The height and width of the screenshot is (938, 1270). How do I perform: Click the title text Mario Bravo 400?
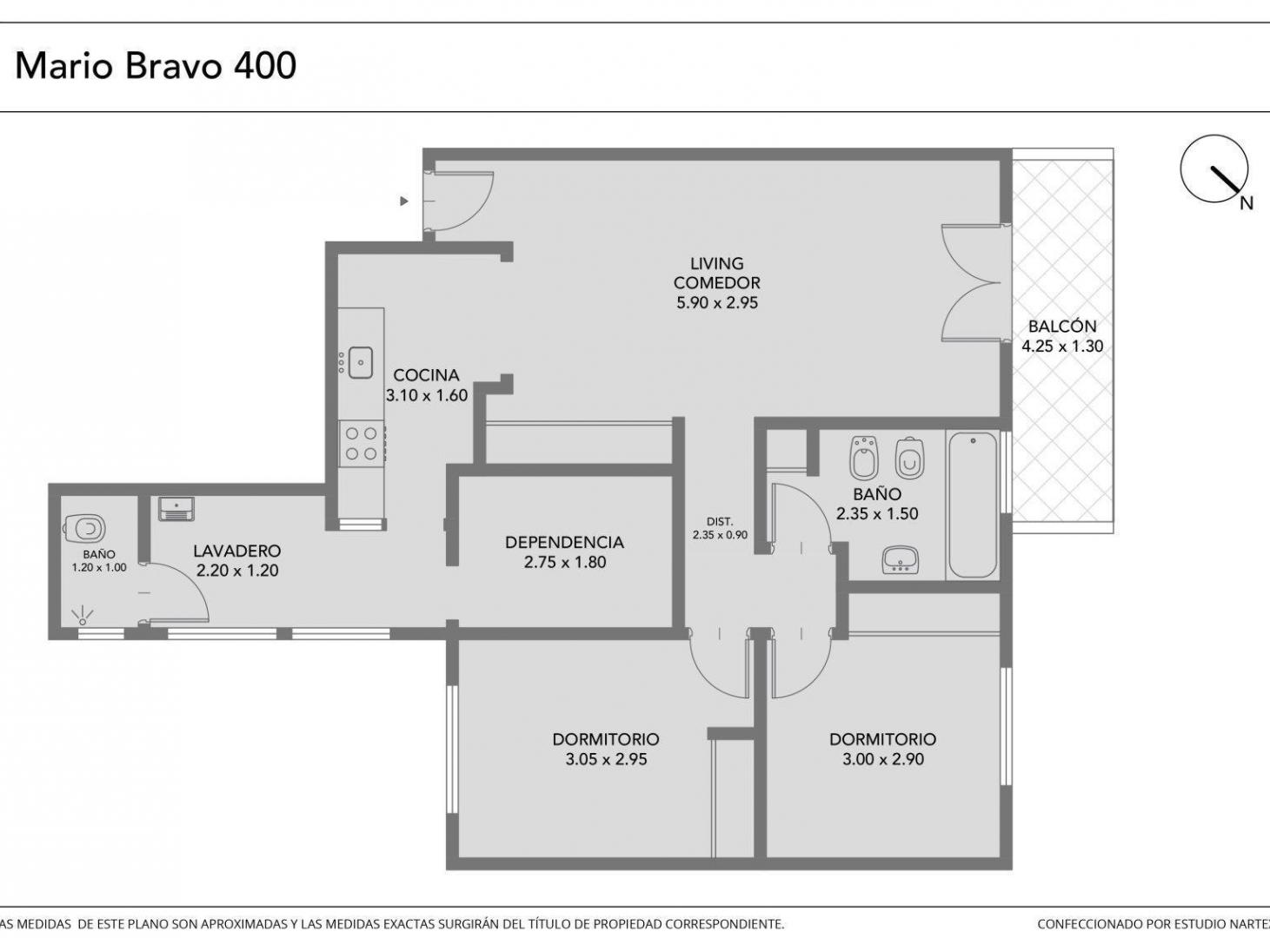click(156, 65)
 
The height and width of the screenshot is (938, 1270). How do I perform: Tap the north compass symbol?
click(1214, 169)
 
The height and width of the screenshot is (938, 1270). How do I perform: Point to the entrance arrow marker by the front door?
click(404, 201)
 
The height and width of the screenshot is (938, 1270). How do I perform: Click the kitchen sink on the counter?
click(361, 362)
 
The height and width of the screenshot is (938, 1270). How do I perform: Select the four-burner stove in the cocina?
click(362, 445)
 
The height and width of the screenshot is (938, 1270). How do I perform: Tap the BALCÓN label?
click(1062, 327)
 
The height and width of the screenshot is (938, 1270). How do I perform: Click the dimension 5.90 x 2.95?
click(717, 303)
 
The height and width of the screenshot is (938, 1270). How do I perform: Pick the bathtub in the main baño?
click(973, 505)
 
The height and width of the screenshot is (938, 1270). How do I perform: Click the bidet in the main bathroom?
click(864, 459)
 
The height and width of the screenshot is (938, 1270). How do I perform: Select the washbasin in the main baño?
click(901, 560)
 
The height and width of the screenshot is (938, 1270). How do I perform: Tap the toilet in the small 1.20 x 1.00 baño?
click(84, 528)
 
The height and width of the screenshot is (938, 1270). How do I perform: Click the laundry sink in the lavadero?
click(176, 509)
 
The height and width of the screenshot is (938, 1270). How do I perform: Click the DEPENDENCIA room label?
click(564, 542)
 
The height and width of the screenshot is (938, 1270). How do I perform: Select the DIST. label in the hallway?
click(720, 522)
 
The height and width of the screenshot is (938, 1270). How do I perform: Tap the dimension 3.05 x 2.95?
click(606, 759)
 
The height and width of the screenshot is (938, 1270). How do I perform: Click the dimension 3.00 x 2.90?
click(883, 759)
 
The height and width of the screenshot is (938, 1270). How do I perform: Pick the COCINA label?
click(426, 375)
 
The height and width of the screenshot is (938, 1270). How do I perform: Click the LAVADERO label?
click(237, 552)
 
